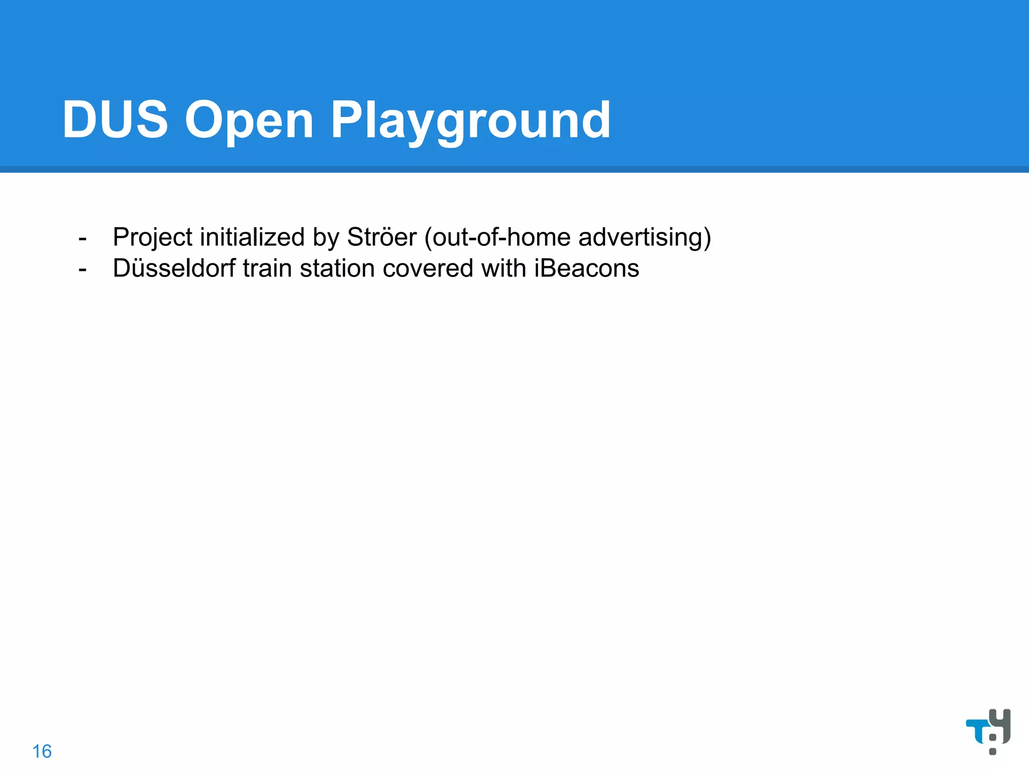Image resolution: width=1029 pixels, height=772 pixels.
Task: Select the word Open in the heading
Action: tap(249, 121)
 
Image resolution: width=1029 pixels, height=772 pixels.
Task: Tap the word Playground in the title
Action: tap(470, 121)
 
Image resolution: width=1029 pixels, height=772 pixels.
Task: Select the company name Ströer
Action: tap(382, 237)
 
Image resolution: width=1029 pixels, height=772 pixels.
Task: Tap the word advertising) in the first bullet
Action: tap(645, 237)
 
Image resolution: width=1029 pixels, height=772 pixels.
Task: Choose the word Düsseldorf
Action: tap(174, 268)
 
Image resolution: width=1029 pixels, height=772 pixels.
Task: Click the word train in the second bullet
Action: tap(267, 268)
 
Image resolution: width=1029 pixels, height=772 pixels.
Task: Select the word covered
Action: tap(428, 268)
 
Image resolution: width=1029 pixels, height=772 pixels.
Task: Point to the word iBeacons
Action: tap(586, 268)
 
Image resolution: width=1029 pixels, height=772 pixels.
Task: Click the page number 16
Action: tap(42, 751)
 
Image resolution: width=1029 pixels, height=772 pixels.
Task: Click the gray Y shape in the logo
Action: tap(1000, 724)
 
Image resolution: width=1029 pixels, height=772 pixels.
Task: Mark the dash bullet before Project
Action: tap(83, 238)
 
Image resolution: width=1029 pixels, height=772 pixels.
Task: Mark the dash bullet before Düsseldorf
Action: tap(83, 269)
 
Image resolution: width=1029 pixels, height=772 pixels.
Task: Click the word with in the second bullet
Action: tap(503, 268)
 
